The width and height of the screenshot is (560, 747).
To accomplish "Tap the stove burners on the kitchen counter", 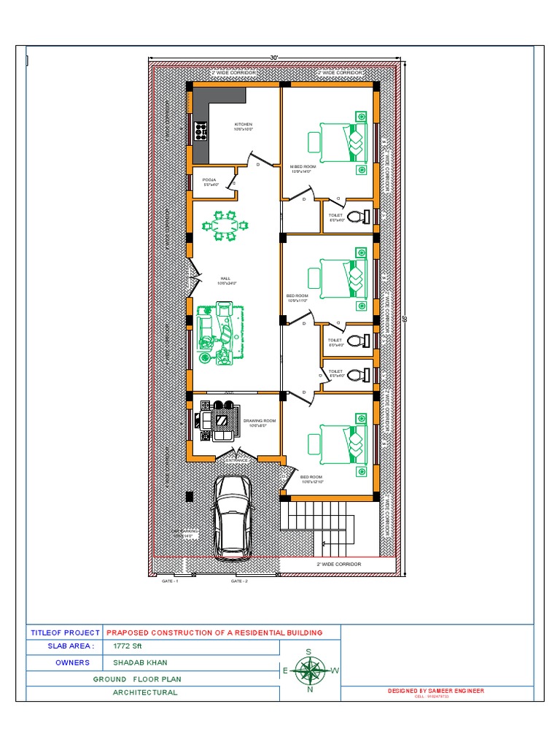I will [201, 131].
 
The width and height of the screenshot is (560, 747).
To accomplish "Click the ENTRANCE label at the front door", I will [236, 460].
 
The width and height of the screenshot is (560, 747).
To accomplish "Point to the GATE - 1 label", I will [169, 581].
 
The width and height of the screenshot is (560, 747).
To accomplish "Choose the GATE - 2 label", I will [239, 581].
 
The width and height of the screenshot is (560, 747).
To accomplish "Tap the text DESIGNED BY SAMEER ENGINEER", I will [436, 690].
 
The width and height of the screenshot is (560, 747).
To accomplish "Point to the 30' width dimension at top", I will [274, 58].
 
